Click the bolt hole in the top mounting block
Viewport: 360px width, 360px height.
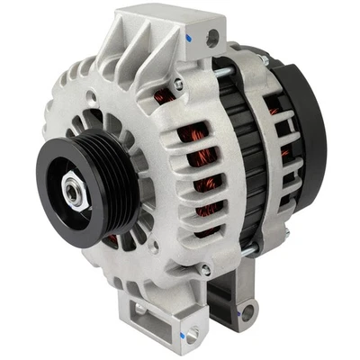tap(212, 39)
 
